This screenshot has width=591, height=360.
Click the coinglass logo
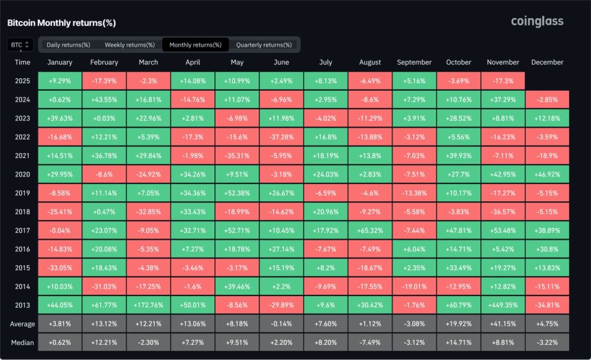tap(537, 21)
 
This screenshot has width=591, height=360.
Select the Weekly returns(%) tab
tap(130, 45)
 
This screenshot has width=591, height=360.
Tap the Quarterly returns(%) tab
tap(264, 45)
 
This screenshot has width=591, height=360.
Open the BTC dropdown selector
tap(21, 45)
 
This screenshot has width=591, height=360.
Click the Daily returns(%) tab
tap(68, 45)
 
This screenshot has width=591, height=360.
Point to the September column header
tap(414, 63)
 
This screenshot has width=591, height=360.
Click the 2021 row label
tap(22, 156)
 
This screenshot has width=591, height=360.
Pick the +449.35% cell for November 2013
tap(503, 305)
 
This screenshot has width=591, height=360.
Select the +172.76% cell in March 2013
tap(148, 305)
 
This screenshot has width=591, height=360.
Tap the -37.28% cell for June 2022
tap(281, 137)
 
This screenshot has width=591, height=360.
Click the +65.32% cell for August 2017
tap(370, 230)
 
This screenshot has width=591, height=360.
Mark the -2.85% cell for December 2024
tap(547, 100)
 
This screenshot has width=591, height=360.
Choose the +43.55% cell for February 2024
tap(104, 100)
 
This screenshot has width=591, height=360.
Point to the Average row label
tap(23, 324)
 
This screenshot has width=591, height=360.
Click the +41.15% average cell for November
tap(503, 324)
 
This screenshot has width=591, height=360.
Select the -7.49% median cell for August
tap(370, 343)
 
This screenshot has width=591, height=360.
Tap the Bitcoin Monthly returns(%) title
tap(61, 23)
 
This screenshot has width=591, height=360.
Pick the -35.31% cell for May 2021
tap(237, 156)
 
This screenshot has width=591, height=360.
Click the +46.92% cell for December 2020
tap(547, 174)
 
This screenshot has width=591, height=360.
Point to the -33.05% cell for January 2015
tap(60, 268)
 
